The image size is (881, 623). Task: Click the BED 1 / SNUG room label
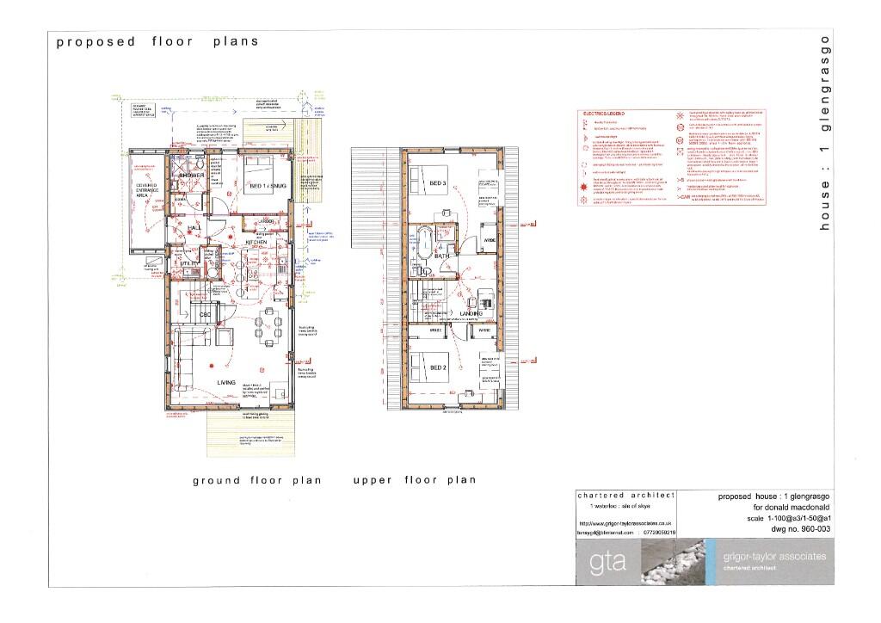[266, 186]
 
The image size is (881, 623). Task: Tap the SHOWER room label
[191, 176]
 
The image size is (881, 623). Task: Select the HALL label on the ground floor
[194, 227]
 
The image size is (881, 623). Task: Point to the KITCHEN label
[257, 244]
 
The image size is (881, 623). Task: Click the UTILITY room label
[190, 264]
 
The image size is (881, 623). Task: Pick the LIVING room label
[226, 383]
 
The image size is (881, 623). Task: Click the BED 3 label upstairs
[438, 183]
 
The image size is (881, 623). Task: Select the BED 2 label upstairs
[438, 367]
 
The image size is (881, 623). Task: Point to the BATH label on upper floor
[442, 256]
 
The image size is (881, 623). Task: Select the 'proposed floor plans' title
[157, 41]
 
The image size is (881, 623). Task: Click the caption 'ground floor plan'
[256, 480]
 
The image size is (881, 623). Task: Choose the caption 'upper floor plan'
[414, 480]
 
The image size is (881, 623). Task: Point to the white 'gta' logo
[602, 564]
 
